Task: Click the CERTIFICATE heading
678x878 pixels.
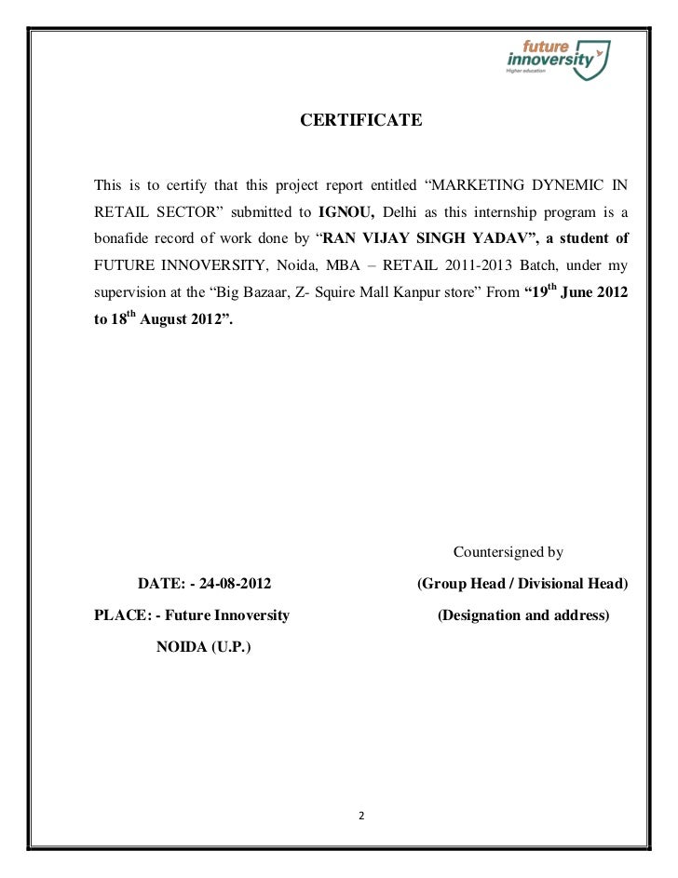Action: pyautogui.click(x=360, y=121)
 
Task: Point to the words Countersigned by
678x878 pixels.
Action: pyautogui.click(x=508, y=553)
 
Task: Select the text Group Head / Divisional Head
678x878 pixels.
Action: pyautogui.click(x=522, y=585)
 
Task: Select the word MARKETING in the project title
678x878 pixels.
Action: pyautogui.click(x=477, y=182)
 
